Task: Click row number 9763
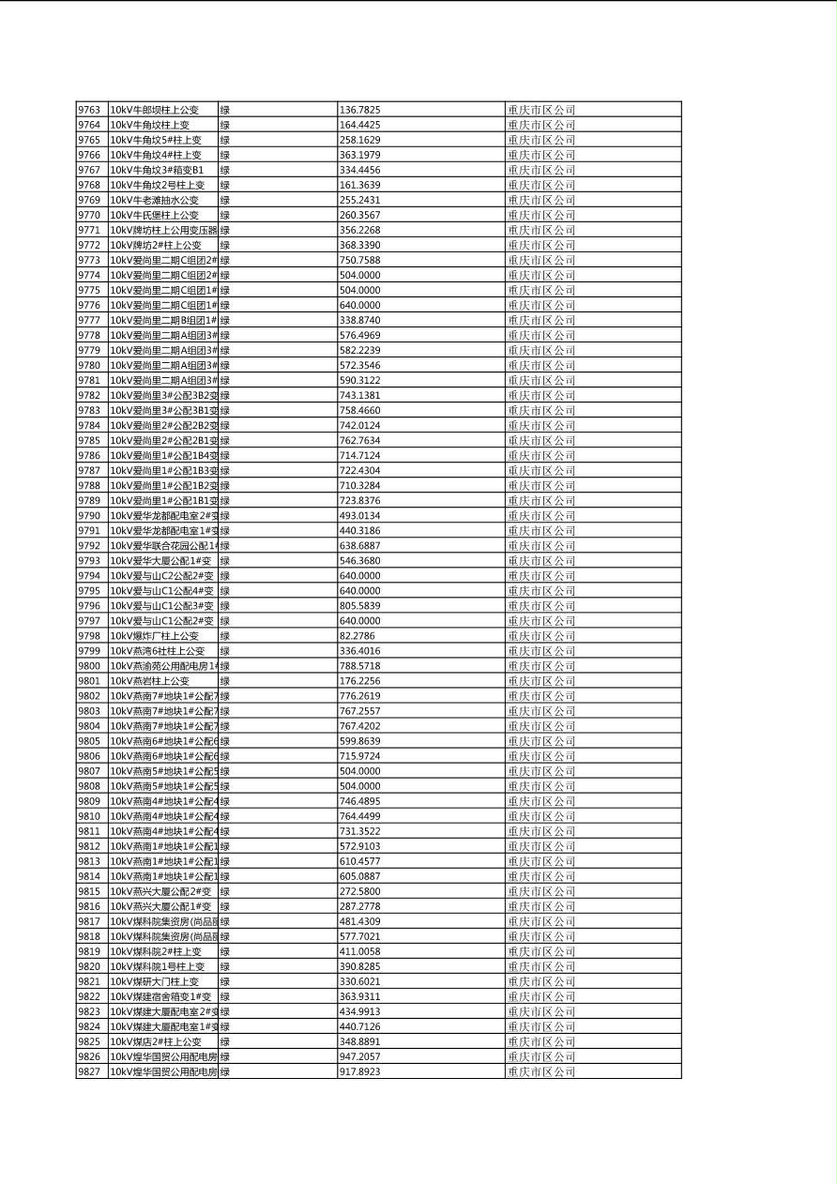[89, 110]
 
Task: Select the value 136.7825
[360, 110]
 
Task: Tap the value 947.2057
[360, 1056]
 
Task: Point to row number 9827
[89, 1071]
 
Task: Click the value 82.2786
[358, 636]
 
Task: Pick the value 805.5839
[360, 606]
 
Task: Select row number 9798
[89, 636]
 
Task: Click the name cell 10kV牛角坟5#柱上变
[156, 140]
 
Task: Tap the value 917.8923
[360, 1071]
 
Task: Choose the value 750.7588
[360, 260]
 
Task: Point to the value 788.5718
[360, 666]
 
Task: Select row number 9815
[89, 891]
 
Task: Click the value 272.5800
[360, 891]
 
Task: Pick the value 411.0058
[360, 951]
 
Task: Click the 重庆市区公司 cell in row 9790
[541, 515]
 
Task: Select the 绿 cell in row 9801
[225, 681]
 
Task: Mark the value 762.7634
[360, 440]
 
